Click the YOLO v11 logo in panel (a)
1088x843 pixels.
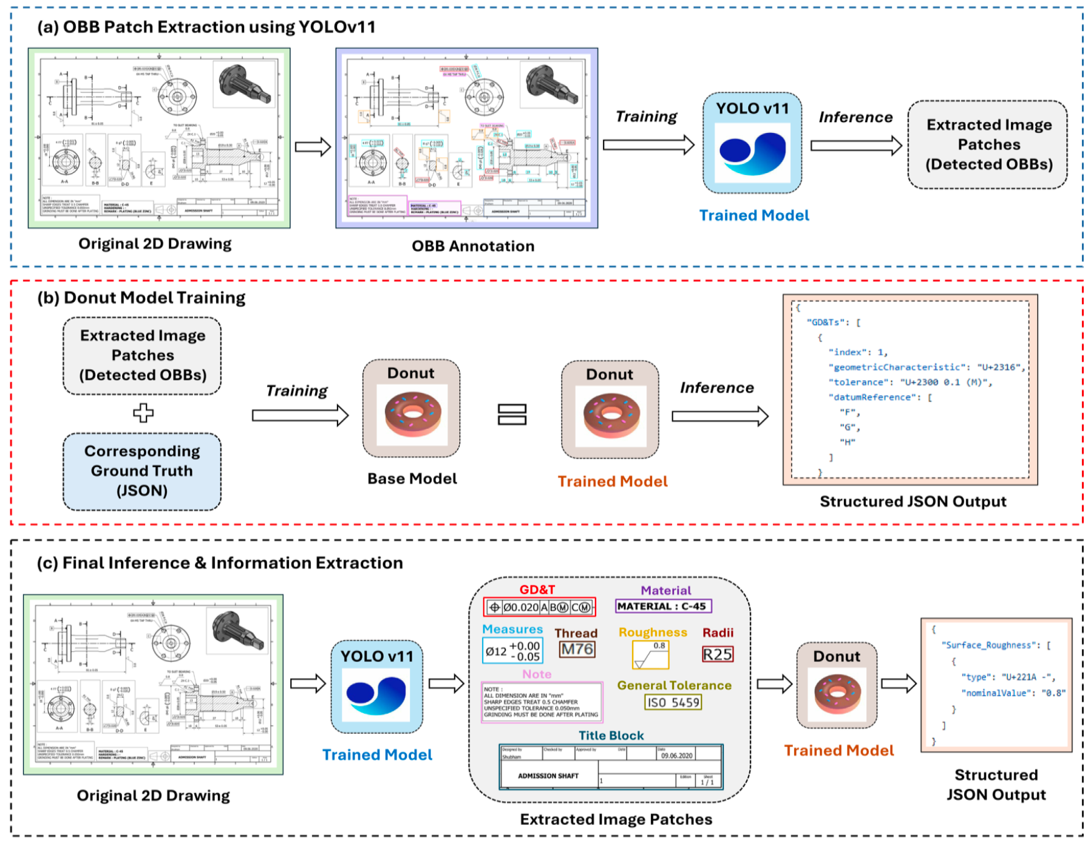click(752, 152)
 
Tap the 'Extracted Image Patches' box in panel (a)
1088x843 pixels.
click(988, 145)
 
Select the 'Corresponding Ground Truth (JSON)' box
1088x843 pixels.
click(142, 471)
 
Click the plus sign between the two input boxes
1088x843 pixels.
click(143, 413)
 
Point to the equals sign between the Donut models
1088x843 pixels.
click(512, 415)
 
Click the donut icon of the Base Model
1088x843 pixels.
click(412, 415)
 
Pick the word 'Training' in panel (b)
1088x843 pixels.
click(297, 391)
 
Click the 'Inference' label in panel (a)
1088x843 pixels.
click(855, 117)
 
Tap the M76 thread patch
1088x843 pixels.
click(577, 649)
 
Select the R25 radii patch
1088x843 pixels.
click(718, 654)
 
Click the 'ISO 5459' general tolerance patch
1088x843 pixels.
click(673, 703)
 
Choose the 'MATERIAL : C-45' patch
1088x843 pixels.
click(662, 606)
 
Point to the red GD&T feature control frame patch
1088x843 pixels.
click(539, 607)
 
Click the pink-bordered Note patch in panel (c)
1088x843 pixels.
click(542, 702)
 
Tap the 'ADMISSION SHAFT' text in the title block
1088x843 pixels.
click(548, 776)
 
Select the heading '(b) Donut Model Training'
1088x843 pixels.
click(141, 298)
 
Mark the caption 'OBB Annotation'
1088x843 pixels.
click(473, 246)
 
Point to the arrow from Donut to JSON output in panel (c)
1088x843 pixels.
click(899, 684)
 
